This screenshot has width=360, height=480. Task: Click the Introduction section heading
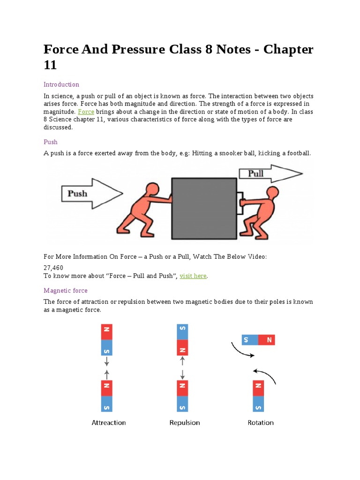61,84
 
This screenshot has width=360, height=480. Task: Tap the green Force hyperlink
86,112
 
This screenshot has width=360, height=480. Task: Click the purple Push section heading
51,142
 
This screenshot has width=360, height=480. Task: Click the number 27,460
53,267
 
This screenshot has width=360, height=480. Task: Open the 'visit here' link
193,276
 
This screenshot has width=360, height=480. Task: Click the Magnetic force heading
66,291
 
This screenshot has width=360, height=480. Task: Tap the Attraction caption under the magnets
109,422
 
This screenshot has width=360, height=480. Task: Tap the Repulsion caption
185,422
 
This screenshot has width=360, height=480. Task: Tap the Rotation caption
261,422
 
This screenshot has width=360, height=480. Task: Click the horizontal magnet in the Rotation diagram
258,340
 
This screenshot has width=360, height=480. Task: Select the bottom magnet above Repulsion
182,396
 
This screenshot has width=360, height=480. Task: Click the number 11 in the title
50,65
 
